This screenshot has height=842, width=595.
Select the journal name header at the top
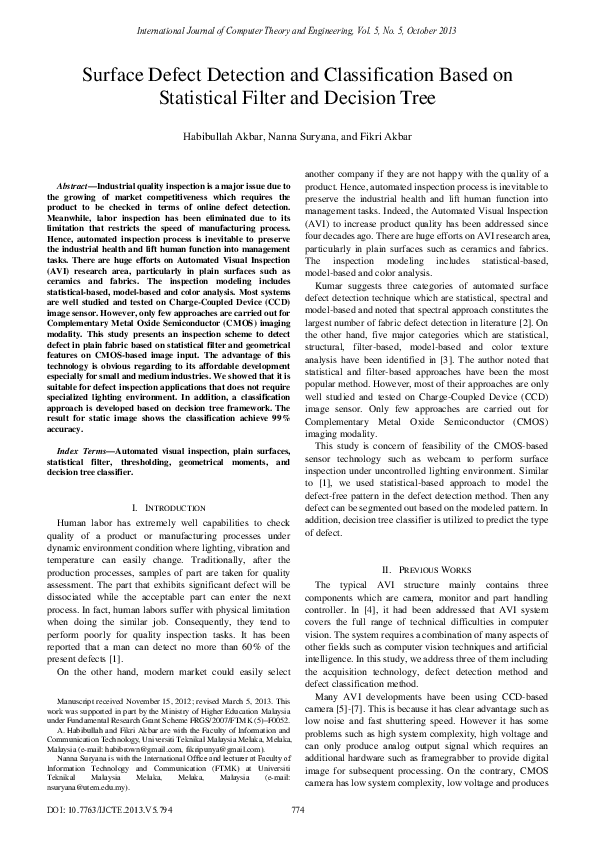pyautogui.click(x=297, y=31)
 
